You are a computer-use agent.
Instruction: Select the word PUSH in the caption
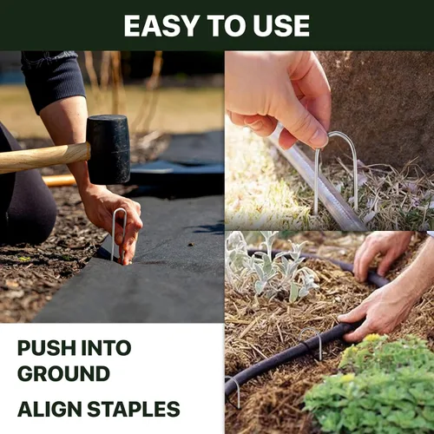(x=46, y=348)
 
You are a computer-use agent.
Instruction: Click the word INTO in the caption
(x=106, y=348)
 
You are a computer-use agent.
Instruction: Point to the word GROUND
(x=63, y=373)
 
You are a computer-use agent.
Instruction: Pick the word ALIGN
(x=49, y=409)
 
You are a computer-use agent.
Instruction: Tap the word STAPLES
(x=134, y=409)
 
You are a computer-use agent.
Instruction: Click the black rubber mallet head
(x=108, y=149)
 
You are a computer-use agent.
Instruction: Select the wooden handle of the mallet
(x=44, y=158)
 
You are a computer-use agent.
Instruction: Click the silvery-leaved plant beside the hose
(x=269, y=267)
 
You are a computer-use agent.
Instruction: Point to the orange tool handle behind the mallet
(x=59, y=181)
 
